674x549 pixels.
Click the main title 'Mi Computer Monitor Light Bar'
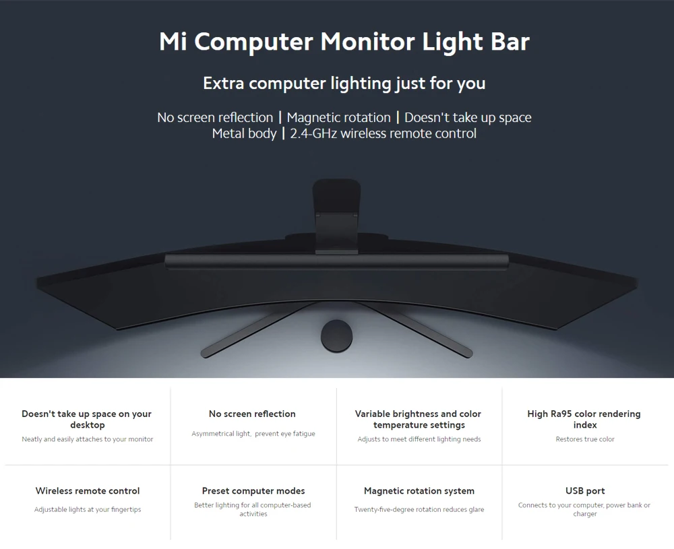pyautogui.click(x=344, y=42)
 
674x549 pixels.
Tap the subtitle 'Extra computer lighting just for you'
pyautogui.click(x=344, y=84)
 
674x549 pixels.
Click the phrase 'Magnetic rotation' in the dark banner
pyautogui.click(x=338, y=118)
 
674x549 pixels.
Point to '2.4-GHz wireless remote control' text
pyautogui.click(x=383, y=134)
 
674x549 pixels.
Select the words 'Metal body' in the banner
pyautogui.click(x=244, y=134)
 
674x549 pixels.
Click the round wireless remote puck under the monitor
pyautogui.click(x=337, y=335)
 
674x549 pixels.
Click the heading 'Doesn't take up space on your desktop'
pyautogui.click(x=87, y=419)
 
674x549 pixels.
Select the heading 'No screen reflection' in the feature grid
pyautogui.click(x=252, y=414)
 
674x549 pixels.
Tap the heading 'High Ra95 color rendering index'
pyautogui.click(x=584, y=419)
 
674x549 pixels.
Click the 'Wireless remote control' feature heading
pyautogui.click(x=88, y=491)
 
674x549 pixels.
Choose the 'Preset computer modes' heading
pyautogui.click(x=253, y=491)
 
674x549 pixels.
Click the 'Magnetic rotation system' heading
pyautogui.click(x=419, y=491)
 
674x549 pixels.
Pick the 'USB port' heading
pyautogui.click(x=585, y=491)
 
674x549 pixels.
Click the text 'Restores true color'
pyautogui.click(x=585, y=439)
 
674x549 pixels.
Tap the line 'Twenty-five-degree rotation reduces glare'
pyautogui.click(x=419, y=510)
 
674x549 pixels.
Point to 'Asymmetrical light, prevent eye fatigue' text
pyautogui.click(x=253, y=434)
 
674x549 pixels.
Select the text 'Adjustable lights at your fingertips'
pyautogui.click(x=88, y=510)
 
